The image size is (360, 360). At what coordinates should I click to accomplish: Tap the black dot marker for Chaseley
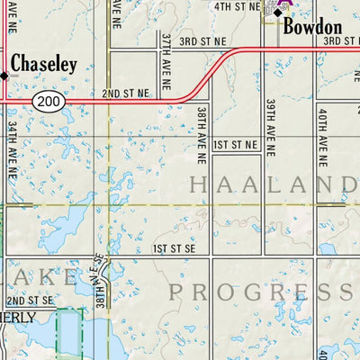[4, 76]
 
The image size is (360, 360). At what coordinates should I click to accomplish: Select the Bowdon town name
[312, 27]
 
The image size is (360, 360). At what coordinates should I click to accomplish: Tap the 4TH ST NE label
[236, 6]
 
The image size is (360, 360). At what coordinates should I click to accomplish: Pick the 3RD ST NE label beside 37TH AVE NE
[200, 42]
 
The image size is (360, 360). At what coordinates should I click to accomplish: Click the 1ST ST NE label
[236, 144]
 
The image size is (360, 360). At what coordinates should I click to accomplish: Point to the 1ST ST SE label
[174, 247]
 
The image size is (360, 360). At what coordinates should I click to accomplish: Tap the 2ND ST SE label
[31, 300]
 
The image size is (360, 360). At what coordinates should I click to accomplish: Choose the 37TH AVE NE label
[167, 55]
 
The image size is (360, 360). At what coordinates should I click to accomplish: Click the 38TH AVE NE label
[202, 125]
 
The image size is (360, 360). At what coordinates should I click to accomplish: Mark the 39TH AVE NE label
[269, 120]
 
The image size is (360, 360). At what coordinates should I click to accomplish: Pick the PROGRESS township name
[263, 291]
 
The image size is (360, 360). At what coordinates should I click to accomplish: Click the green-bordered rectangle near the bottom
[68, 333]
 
